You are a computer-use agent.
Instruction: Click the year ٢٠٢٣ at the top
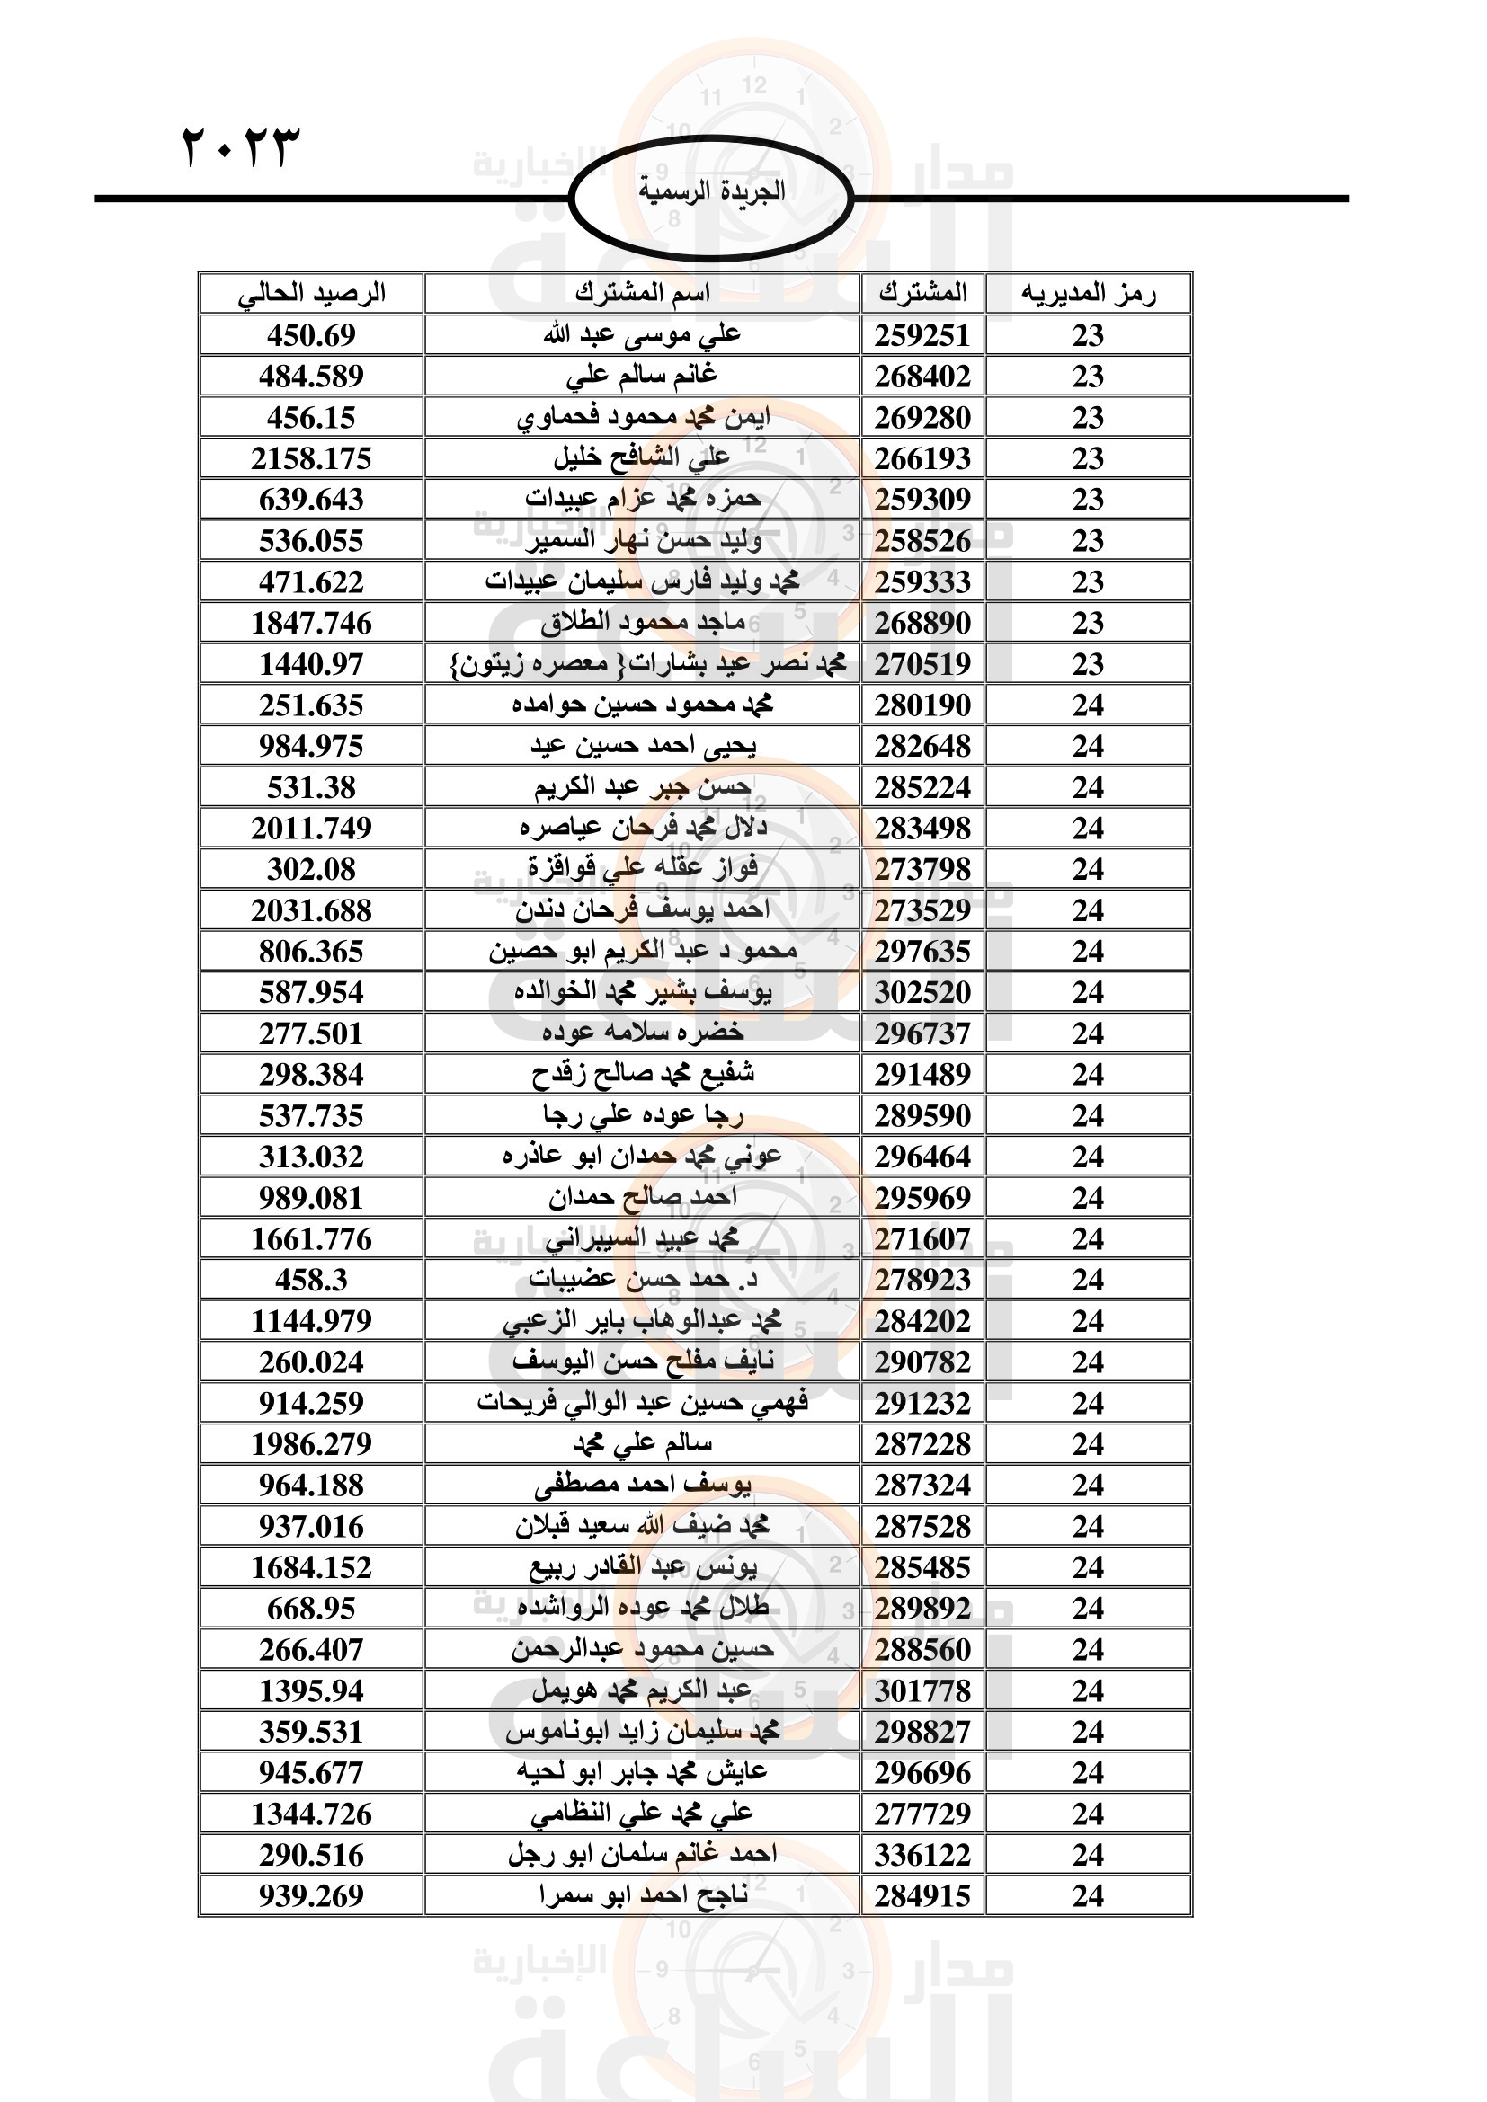pyautogui.click(x=241, y=146)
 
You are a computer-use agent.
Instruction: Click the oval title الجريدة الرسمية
pyautogui.click(x=710, y=191)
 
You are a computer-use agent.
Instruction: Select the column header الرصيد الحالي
pyautogui.click(x=311, y=294)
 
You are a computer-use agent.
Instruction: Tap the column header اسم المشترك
pyautogui.click(x=642, y=294)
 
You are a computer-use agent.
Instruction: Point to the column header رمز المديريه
pyautogui.click(x=1088, y=294)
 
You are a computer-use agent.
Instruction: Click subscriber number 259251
pyautogui.click(x=922, y=335)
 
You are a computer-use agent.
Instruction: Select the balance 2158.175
pyautogui.click(x=311, y=458)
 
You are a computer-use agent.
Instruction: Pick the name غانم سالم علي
pyautogui.click(x=642, y=377)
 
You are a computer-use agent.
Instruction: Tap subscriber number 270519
pyautogui.click(x=922, y=664)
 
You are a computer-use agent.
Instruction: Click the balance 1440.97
pyautogui.click(x=311, y=664)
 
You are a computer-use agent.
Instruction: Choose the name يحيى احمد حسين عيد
pyautogui.click(x=642, y=746)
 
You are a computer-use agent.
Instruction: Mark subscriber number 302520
pyautogui.click(x=922, y=992)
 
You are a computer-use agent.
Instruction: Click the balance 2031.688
pyautogui.click(x=311, y=911)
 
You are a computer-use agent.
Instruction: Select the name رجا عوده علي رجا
pyautogui.click(x=642, y=1116)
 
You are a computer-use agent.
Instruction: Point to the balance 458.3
pyautogui.click(x=311, y=1280)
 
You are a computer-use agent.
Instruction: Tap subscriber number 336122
pyautogui.click(x=922, y=1856)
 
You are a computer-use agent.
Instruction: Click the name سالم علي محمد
pyautogui.click(x=642, y=1445)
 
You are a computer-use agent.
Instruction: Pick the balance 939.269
pyautogui.click(x=311, y=1896)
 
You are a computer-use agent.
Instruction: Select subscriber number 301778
pyautogui.click(x=922, y=1691)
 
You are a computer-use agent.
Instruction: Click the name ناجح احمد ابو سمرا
pyautogui.click(x=642, y=1896)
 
